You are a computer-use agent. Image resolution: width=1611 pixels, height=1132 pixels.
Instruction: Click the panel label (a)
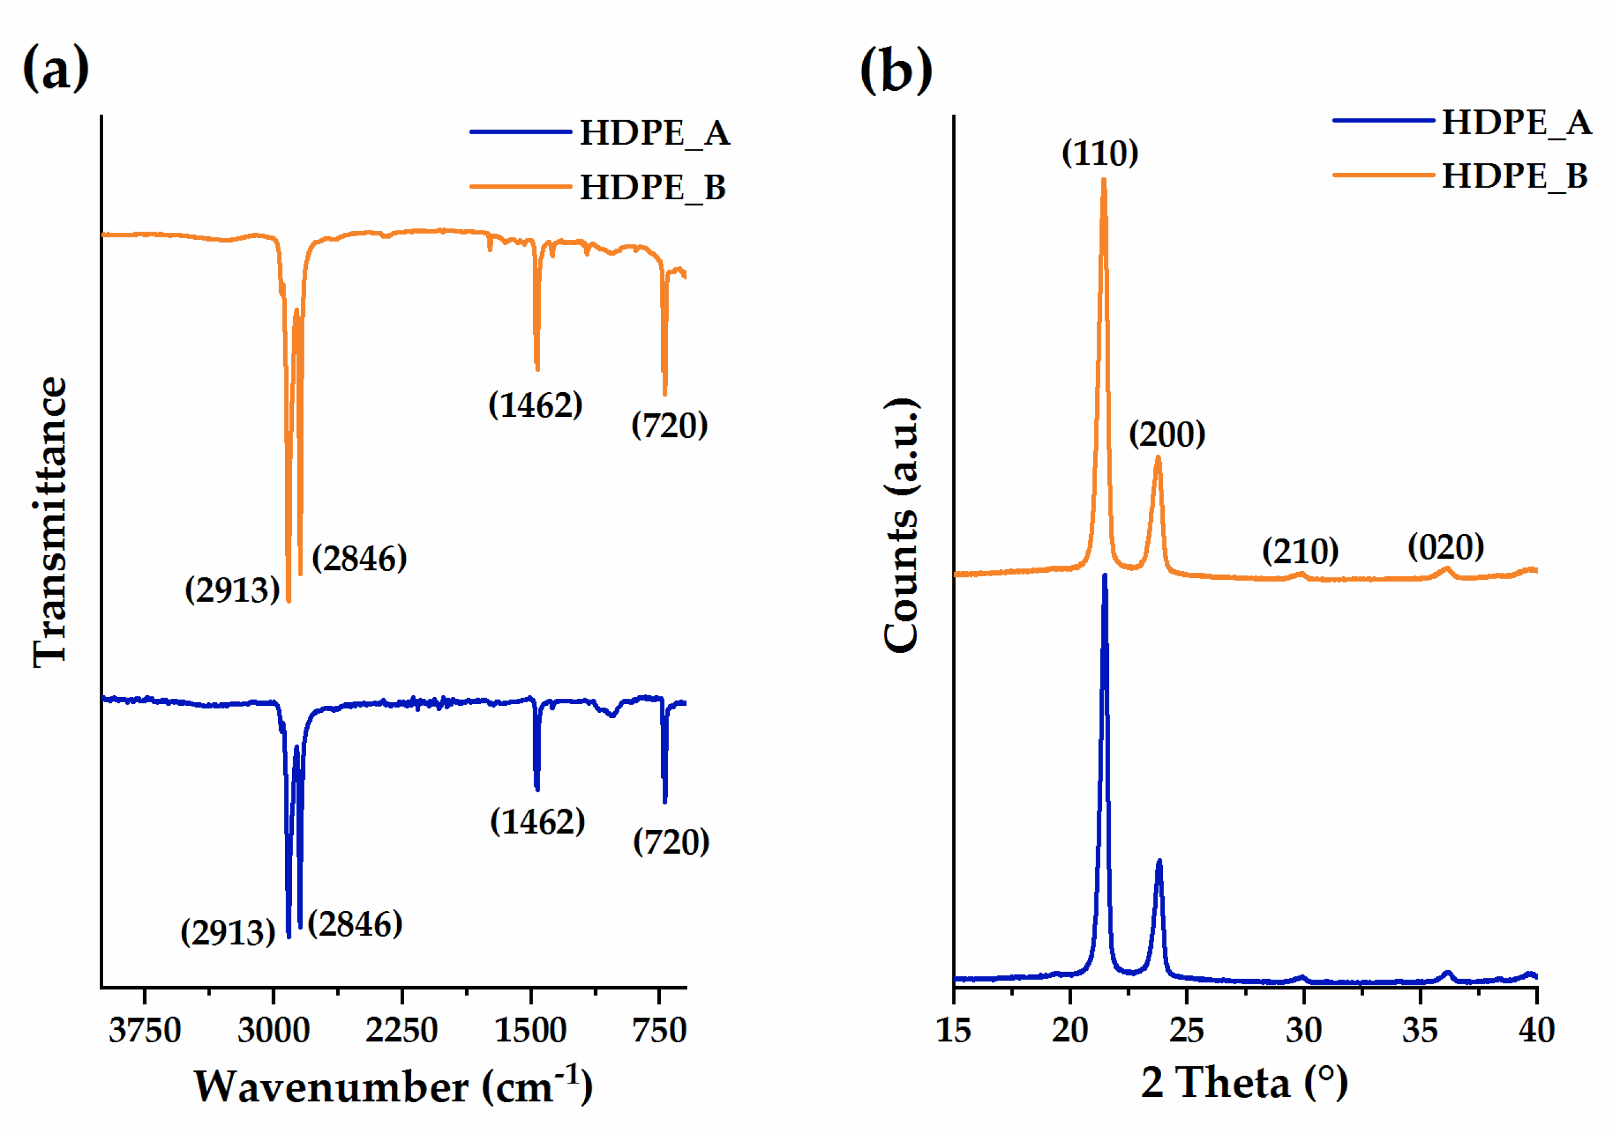56,68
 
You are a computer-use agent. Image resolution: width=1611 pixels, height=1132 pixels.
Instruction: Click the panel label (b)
896,70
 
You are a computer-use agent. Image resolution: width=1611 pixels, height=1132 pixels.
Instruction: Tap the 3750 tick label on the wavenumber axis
144,1031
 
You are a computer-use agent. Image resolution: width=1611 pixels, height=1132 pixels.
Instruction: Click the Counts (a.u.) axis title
901,526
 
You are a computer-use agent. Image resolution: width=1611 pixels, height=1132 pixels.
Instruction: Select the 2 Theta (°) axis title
1244,1083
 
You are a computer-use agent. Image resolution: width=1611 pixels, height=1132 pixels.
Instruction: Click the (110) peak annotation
1100,153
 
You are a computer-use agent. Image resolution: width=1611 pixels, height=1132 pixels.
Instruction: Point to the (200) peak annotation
1167,434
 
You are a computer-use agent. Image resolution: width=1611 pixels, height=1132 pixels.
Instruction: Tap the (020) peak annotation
1446,547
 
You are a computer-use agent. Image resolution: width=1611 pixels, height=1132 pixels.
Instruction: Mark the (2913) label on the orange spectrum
232,590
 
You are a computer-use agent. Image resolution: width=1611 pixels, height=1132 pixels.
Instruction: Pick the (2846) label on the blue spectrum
355,924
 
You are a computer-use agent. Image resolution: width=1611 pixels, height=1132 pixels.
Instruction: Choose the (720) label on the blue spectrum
671,842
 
